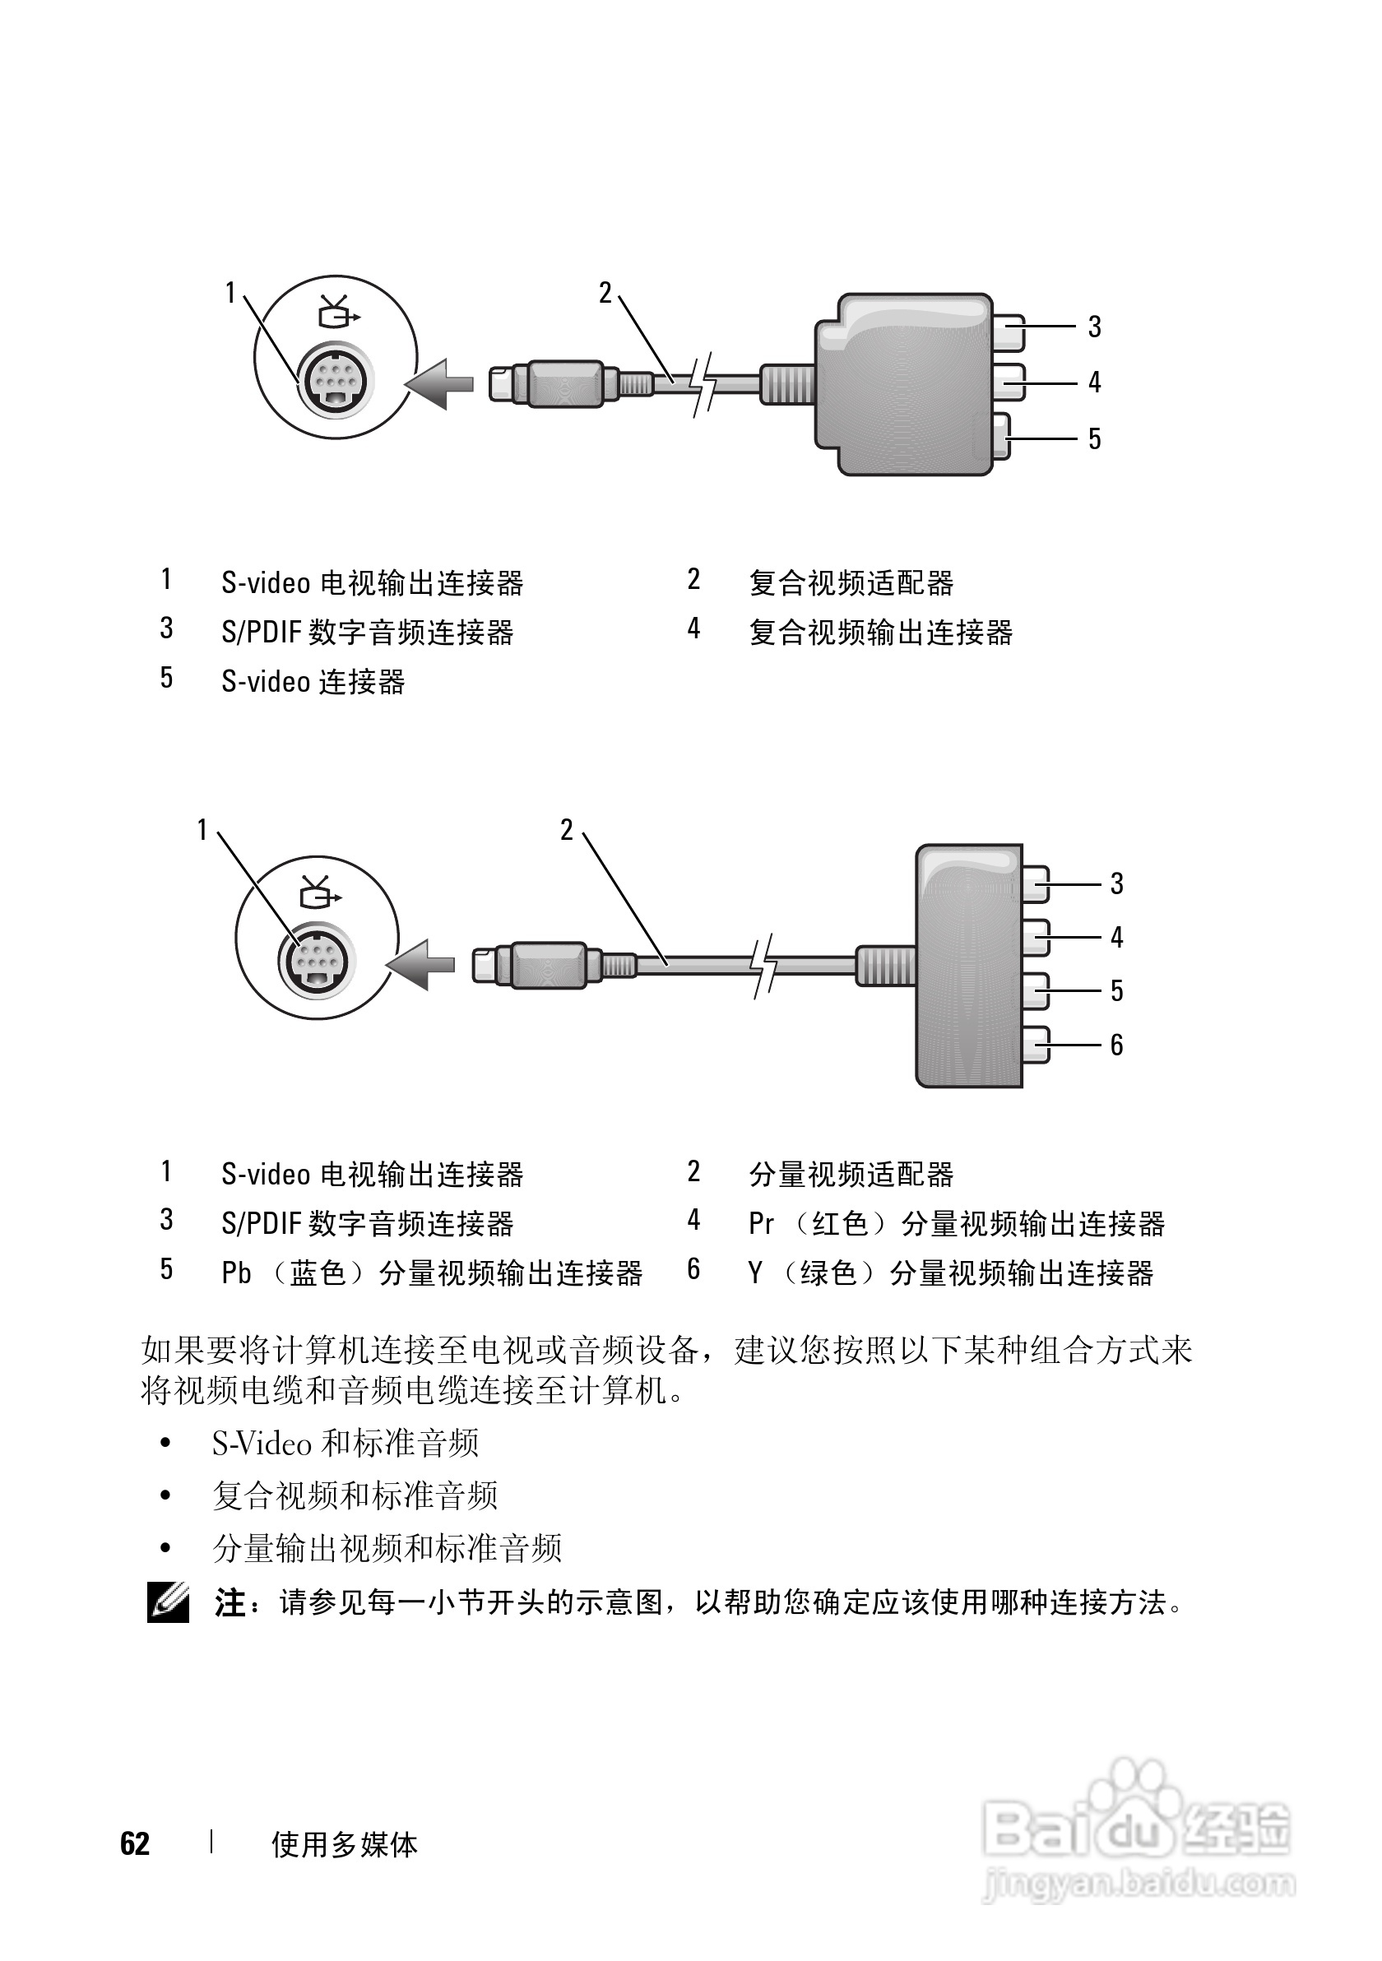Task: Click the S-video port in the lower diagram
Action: (316, 962)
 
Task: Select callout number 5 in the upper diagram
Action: (1094, 439)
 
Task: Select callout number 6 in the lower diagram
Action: (1116, 1045)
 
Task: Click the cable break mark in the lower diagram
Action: (763, 964)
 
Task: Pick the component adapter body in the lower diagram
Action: (968, 965)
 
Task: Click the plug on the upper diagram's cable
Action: (554, 383)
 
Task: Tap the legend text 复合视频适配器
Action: (851, 583)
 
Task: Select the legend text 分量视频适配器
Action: (851, 1175)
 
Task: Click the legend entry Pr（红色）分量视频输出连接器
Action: (956, 1224)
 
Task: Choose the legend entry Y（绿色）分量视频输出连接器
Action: (951, 1273)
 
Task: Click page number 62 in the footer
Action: (135, 1844)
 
